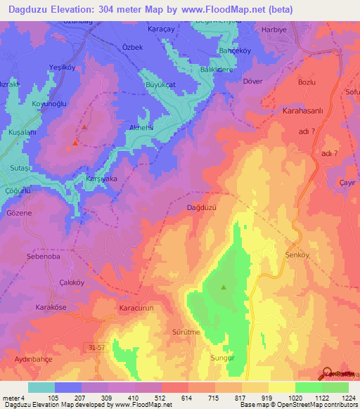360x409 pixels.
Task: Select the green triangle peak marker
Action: pyautogui.click(x=224, y=287)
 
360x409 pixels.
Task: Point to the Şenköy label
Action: pyautogui.click(x=298, y=255)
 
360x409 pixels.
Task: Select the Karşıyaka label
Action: pyautogui.click(x=101, y=178)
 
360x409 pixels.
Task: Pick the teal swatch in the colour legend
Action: pyautogui.click(x=41, y=387)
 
